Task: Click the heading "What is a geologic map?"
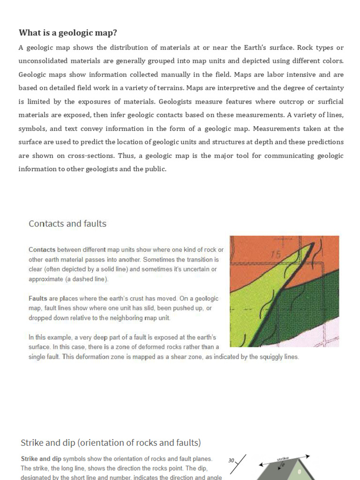[x=67, y=32]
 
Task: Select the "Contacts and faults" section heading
[x=67, y=224]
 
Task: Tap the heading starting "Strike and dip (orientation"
[x=111, y=442]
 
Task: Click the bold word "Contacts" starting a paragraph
[x=42, y=250]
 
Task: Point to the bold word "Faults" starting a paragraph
[x=37, y=299]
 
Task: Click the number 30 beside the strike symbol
[x=231, y=461]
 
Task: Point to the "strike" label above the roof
[x=283, y=459]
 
